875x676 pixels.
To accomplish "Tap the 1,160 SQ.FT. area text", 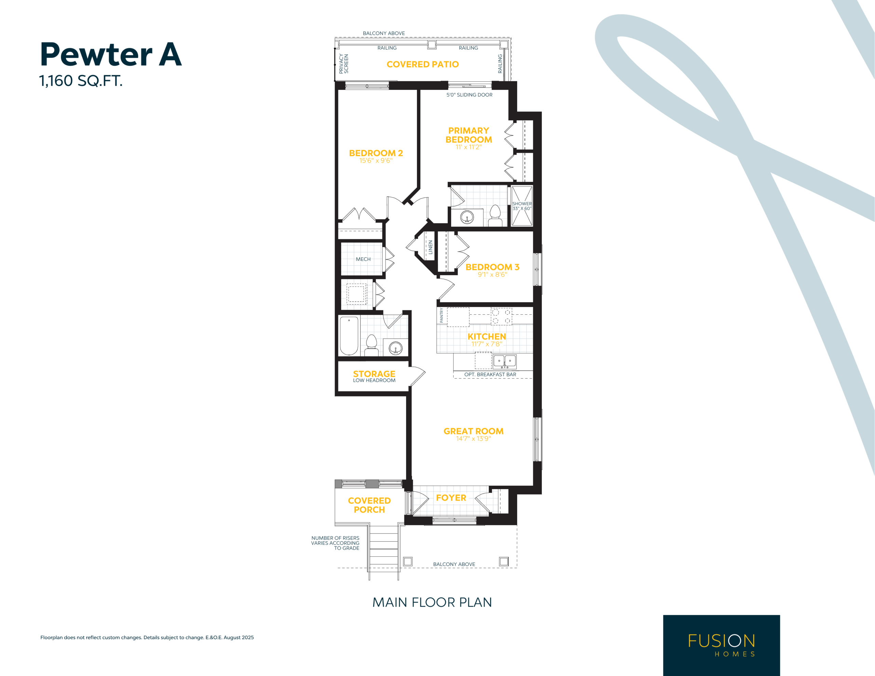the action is (81, 81).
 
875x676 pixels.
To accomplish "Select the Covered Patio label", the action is (423, 65).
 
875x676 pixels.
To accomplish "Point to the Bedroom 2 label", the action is (376, 153).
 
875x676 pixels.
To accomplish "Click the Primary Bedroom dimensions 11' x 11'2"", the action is (468, 147).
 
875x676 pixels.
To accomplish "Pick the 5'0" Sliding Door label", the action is (470, 95).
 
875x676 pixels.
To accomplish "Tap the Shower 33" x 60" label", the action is (522, 206).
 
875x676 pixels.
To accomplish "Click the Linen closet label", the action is (431, 247).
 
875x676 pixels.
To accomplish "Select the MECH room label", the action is (363, 259).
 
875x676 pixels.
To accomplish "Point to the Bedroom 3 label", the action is (493, 267).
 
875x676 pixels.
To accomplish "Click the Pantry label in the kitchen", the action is (442, 315).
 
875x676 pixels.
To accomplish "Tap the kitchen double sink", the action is (504, 362).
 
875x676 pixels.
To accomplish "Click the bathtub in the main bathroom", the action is (349, 336).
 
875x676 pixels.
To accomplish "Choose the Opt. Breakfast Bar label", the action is (490, 375).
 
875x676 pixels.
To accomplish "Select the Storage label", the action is (374, 374).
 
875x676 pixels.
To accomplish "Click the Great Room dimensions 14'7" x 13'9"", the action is (473, 439).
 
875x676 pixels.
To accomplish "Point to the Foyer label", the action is (451, 498).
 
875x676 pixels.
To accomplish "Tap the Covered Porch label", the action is (369, 505).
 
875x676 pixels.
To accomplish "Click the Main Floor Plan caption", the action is (432, 602).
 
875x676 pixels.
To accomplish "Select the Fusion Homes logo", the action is (722, 645).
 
